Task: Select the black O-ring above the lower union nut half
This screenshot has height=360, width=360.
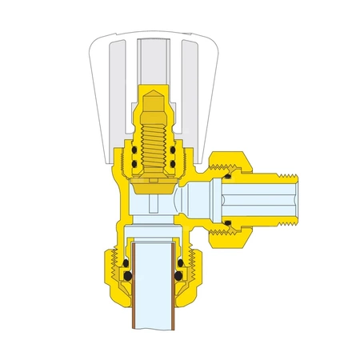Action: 229,220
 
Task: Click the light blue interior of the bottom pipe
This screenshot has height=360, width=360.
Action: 154,296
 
